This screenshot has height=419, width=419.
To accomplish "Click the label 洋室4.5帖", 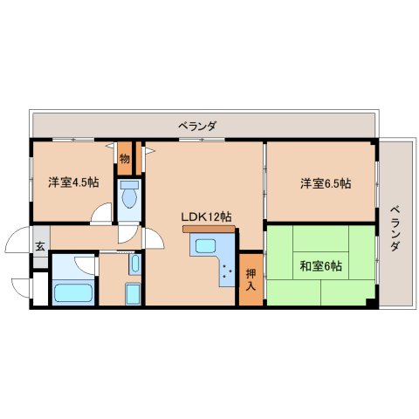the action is click(x=73, y=182).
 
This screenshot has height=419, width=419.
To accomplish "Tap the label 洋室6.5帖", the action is click(x=326, y=183).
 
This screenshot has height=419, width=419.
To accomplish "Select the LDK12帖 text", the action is click(x=206, y=216).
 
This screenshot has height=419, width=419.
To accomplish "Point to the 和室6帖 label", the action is click(x=320, y=266).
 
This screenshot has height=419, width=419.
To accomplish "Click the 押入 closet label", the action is click(x=251, y=280).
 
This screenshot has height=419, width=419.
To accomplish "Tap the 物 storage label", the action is click(x=125, y=159).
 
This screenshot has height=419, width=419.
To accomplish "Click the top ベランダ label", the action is click(x=197, y=126).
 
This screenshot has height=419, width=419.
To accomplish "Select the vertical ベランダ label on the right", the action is click(x=395, y=229).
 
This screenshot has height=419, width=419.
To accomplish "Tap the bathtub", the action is click(x=73, y=292).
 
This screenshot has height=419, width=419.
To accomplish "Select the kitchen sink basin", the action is click(x=205, y=246).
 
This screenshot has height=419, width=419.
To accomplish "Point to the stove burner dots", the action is click(x=227, y=271).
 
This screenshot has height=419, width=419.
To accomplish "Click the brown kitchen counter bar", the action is click(x=209, y=229).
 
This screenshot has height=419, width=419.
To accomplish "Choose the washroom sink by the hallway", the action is click(x=135, y=264).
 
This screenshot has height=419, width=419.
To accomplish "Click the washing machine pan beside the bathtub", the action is click(x=133, y=294).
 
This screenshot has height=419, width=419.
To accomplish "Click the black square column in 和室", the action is click(x=371, y=302).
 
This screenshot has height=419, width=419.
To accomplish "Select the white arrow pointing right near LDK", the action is click(x=150, y=151).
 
